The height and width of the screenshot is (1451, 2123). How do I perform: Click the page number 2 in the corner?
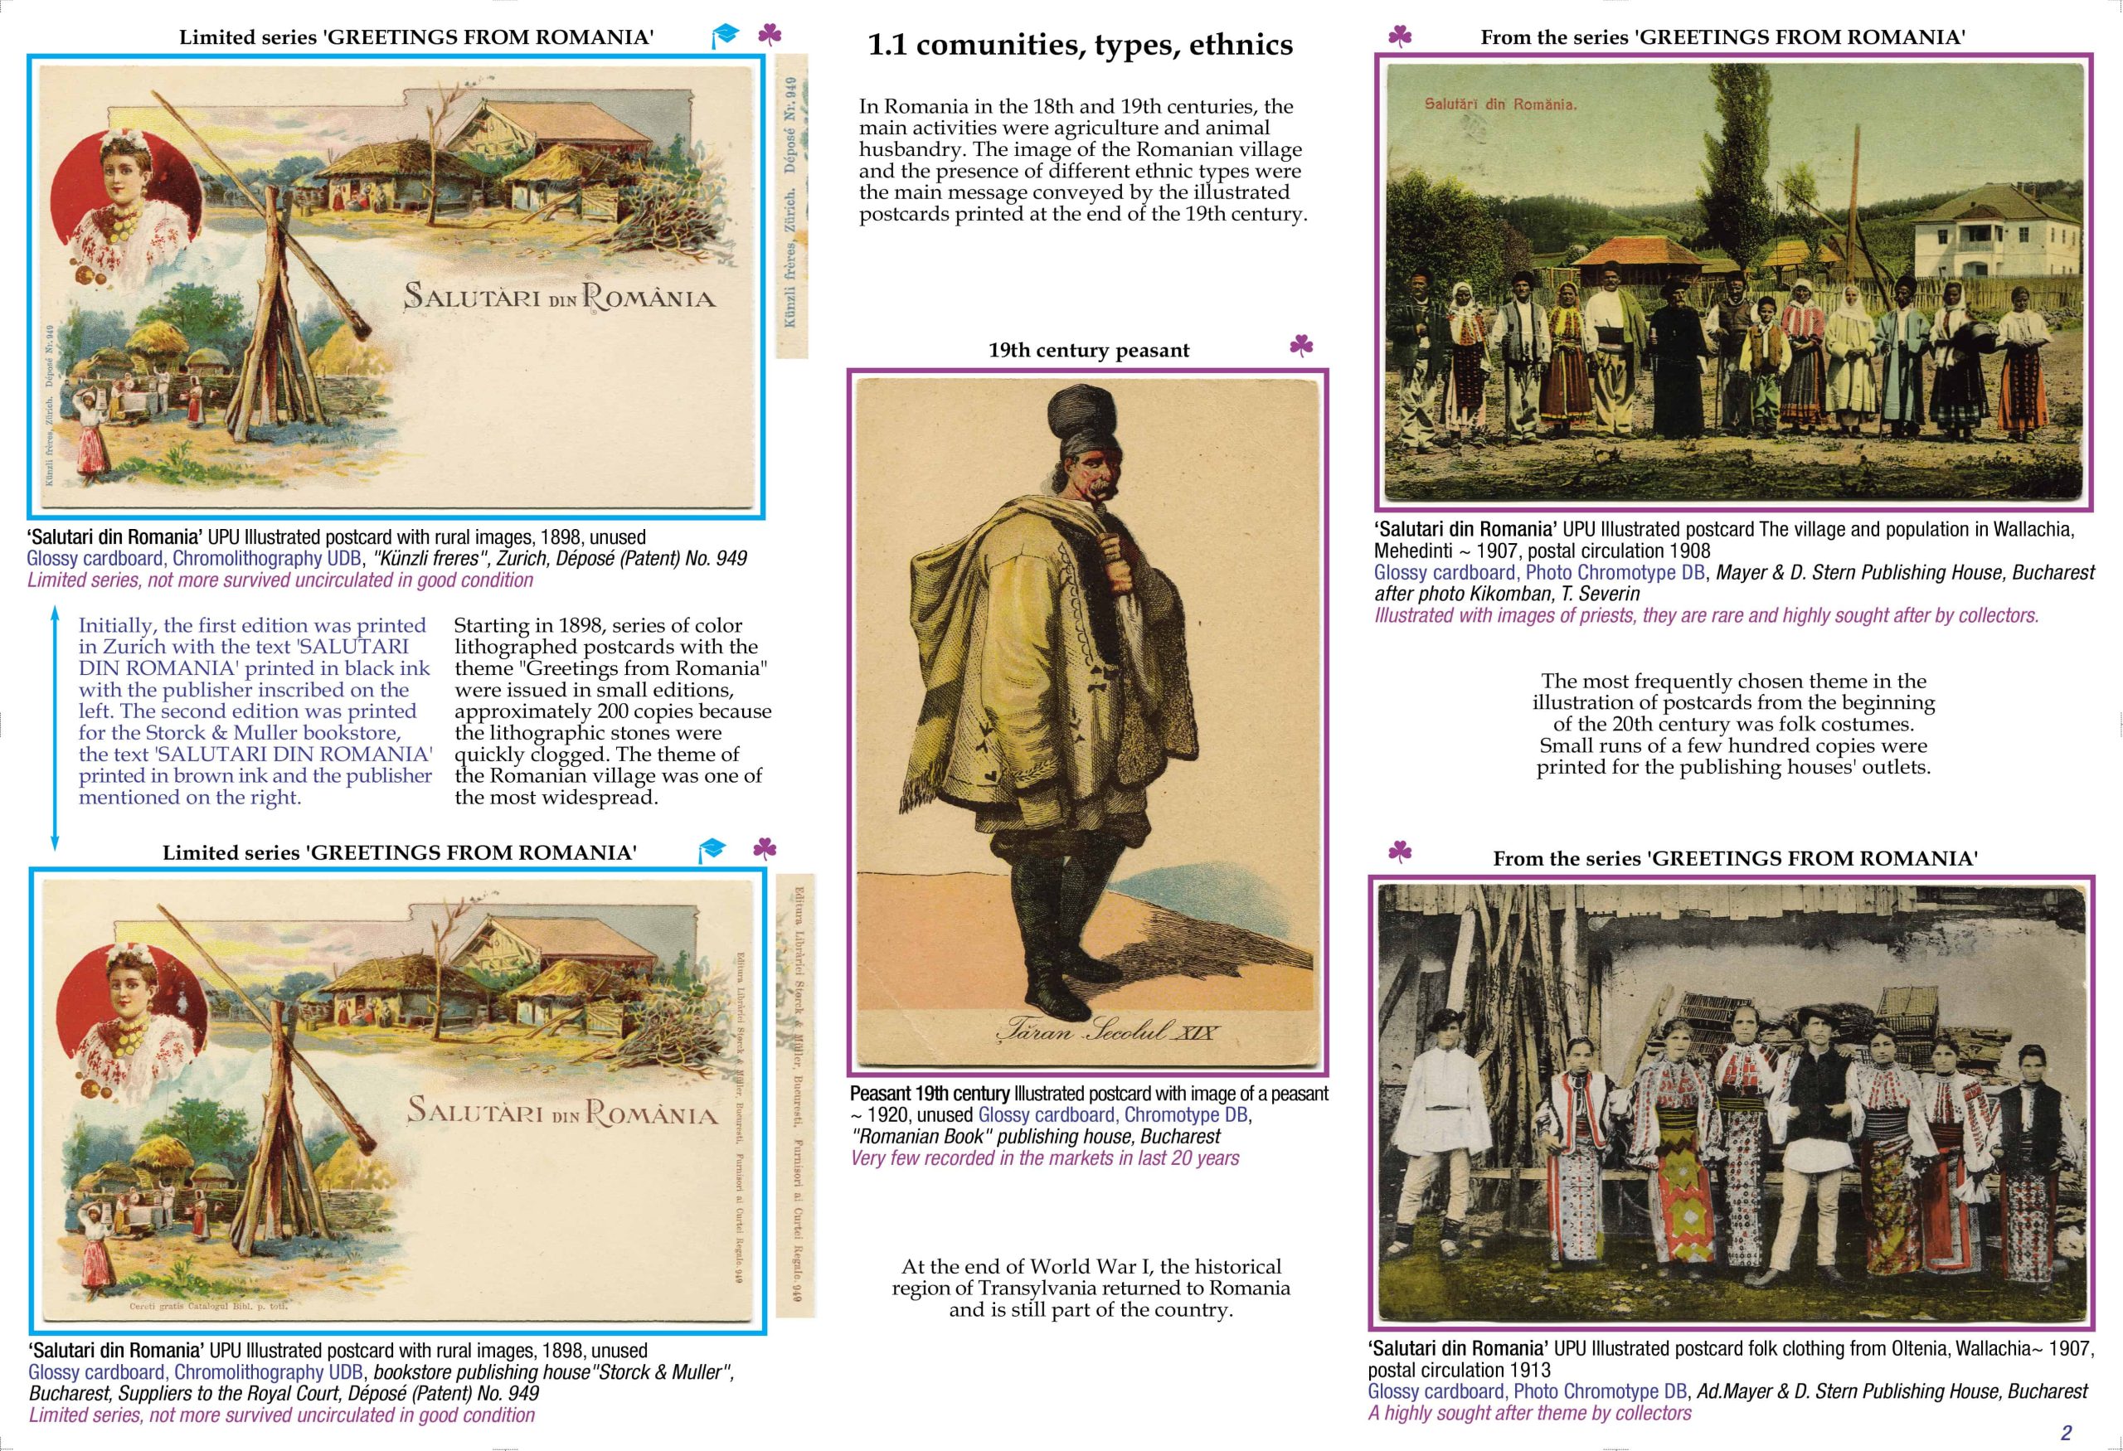click(2066, 1433)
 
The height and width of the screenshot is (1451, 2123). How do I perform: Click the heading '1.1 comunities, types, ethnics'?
click(1080, 45)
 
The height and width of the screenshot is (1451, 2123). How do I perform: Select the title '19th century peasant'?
click(1089, 350)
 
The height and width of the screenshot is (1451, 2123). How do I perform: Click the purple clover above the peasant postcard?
click(1301, 345)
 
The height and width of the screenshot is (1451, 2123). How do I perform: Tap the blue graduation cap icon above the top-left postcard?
click(725, 36)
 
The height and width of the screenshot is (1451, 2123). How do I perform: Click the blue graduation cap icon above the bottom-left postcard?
click(711, 849)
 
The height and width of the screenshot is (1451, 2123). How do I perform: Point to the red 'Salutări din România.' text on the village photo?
click(1500, 104)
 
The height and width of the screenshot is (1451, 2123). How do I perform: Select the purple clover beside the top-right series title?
click(1400, 36)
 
